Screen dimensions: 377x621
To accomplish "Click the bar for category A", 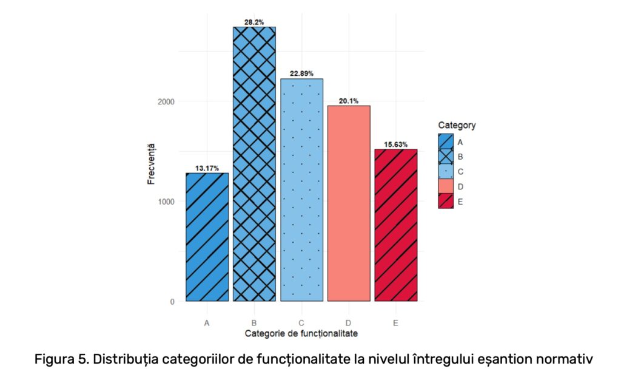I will point(207,237).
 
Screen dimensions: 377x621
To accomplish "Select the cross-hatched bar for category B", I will point(254,164).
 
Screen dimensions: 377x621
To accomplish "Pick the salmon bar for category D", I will point(349,203).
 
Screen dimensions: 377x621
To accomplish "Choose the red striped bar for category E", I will point(395,225).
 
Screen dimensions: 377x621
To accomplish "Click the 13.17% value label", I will point(207,168).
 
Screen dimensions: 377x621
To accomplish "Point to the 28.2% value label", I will point(254,22).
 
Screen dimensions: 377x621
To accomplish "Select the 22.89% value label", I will point(301,73).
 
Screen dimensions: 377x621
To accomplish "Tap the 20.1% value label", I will point(349,101).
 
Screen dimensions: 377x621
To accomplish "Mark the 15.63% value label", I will point(395,144).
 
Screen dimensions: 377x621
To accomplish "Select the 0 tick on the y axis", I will point(172,302).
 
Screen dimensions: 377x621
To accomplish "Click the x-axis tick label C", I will point(301,324).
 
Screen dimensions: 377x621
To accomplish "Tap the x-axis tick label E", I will point(395,324).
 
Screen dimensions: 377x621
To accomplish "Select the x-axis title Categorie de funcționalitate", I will point(301,334).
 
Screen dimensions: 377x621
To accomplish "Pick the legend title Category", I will point(457,126).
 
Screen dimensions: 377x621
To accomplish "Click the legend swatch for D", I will point(446,186).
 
